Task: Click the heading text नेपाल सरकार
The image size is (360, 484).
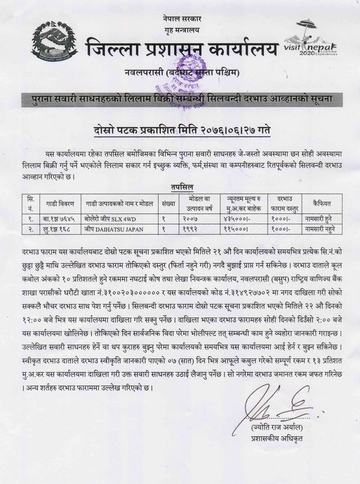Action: (x=182, y=18)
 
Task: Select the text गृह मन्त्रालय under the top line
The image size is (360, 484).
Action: (x=182, y=30)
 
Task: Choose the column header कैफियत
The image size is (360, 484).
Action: (x=321, y=203)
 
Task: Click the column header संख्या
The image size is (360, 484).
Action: (x=168, y=203)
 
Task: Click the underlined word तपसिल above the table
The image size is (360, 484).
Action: (x=182, y=187)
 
